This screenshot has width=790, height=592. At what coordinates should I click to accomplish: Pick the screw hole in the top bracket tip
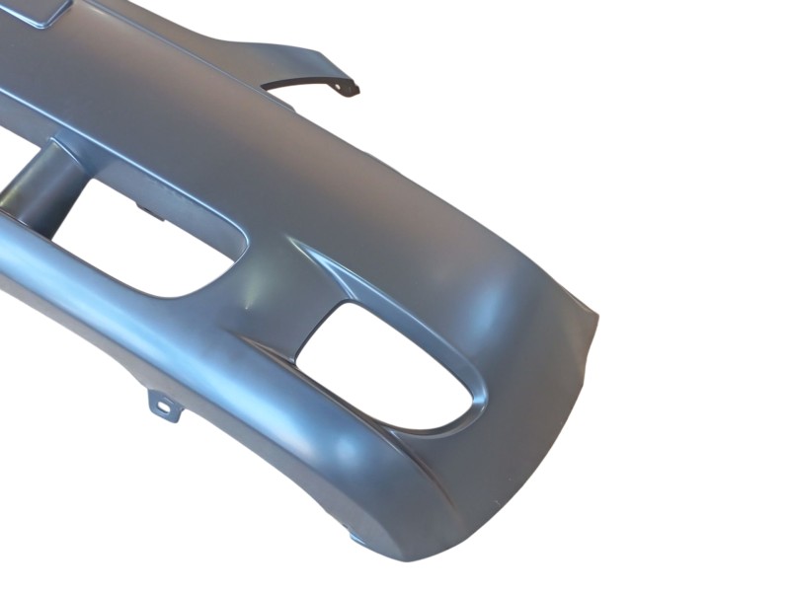347,88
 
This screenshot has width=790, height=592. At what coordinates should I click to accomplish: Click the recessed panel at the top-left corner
39,10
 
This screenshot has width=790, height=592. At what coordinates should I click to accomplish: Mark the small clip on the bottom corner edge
356,538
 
